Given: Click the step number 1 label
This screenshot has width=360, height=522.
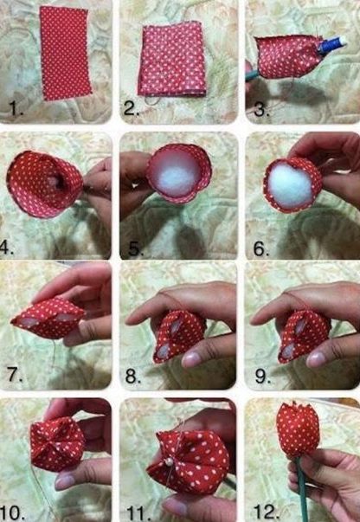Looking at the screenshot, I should pos(15,110).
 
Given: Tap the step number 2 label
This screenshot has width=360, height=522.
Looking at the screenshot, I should pos(132,109).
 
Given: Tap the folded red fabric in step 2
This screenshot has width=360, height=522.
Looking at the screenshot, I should pos(171,59).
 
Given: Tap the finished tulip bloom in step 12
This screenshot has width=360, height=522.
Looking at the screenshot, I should pos(298,429).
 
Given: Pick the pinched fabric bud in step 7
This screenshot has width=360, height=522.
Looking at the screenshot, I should pos(48,318).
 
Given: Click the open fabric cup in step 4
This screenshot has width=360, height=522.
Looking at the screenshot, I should pos(44,183).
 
